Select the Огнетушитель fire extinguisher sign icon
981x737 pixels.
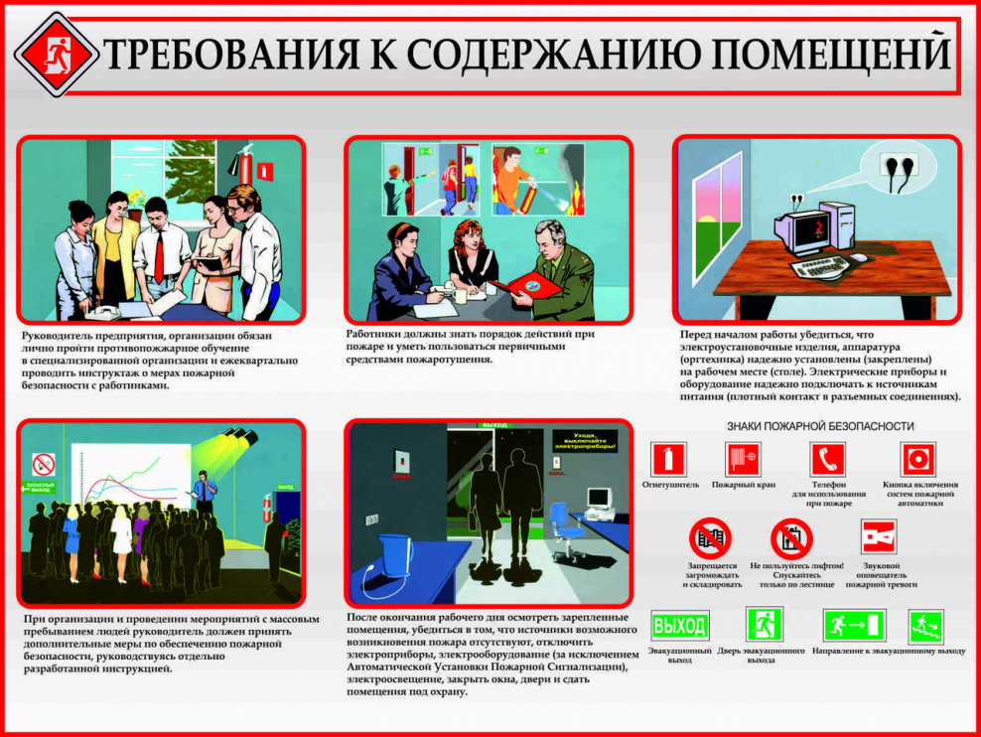pyautogui.click(x=667, y=460)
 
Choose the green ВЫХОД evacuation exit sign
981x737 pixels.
pyautogui.click(x=679, y=626)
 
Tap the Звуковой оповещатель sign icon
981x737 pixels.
pyautogui.click(x=879, y=537)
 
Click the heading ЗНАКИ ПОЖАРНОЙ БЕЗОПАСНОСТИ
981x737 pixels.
pyautogui.click(x=820, y=426)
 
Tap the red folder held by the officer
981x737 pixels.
pyautogui.click(x=525, y=286)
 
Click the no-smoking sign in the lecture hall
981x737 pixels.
pyautogui.click(x=43, y=464)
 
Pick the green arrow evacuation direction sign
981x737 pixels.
pyautogui.click(x=853, y=626)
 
